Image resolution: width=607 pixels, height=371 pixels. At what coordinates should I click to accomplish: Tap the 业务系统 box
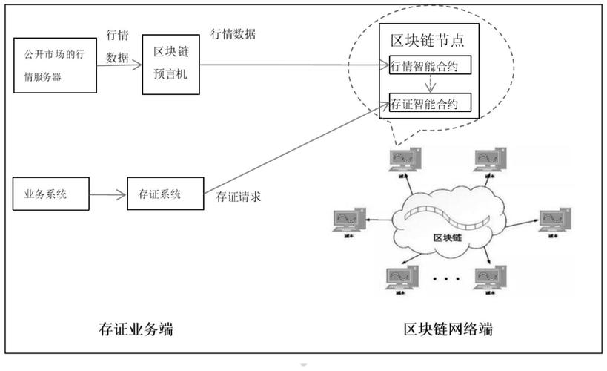50,195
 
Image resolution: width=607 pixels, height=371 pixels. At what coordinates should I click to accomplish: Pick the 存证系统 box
164,194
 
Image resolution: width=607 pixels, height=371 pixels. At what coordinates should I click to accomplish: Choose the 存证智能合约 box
429,102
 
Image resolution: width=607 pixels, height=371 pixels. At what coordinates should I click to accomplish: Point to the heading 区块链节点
428,40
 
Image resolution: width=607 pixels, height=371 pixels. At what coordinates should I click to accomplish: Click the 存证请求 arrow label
238,197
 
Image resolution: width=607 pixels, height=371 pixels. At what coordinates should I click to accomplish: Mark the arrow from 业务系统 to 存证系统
108,196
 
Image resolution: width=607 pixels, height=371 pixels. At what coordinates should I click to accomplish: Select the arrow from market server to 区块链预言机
120,65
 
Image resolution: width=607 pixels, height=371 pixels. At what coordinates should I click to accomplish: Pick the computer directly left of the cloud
349,221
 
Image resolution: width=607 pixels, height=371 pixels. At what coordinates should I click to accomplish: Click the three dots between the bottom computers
446,281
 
